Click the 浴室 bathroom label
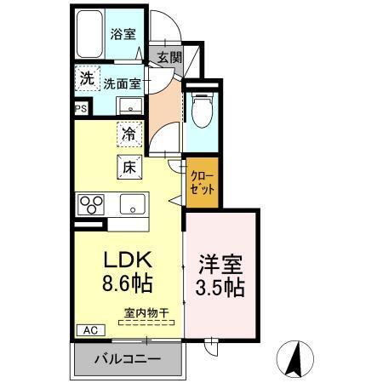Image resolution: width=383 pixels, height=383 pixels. pos(123,35)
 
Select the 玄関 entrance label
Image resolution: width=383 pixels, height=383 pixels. pos(169,58)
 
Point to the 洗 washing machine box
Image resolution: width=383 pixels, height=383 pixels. pos(86,77)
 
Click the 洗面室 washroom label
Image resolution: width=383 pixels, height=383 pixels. pos(123,83)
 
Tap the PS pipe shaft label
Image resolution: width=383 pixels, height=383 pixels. pos(81,108)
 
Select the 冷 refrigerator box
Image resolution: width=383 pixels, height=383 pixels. pos(129,134)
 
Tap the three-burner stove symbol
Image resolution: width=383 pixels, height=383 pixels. pos(92,204)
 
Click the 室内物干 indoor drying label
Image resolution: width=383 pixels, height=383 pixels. pos(146,312)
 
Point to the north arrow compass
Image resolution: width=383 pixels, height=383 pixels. pos(298,357)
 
